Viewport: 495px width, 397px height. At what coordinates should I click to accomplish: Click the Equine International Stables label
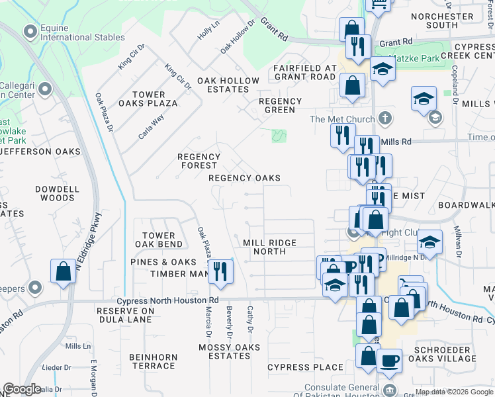pyautogui.click(x=82, y=32)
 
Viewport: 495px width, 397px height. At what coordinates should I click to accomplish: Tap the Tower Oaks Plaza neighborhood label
pyautogui.click(x=148, y=99)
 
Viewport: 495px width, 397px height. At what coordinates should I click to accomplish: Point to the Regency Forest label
pyautogui.click(x=199, y=161)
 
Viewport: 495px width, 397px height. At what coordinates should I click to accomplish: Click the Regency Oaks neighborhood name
pyautogui.click(x=244, y=178)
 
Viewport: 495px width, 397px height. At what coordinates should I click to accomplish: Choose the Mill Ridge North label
pyautogui.click(x=269, y=247)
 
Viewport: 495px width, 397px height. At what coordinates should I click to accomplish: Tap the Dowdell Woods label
pyautogui.click(x=56, y=193)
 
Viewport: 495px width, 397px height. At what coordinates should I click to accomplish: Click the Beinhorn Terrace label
pyautogui.click(x=153, y=361)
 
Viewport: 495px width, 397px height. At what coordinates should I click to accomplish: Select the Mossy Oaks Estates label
pyautogui.click(x=224, y=351)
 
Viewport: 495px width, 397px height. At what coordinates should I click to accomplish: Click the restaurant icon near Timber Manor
pyautogui.click(x=220, y=271)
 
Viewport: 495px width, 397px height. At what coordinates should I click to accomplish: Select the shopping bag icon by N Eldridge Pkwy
pyautogui.click(x=64, y=271)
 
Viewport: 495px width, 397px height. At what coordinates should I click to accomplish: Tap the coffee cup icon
pyautogui.click(x=389, y=361)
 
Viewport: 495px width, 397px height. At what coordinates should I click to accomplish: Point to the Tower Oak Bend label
pyautogui.click(x=158, y=240)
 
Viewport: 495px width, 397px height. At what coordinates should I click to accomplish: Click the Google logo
pyautogui.click(x=22, y=389)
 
